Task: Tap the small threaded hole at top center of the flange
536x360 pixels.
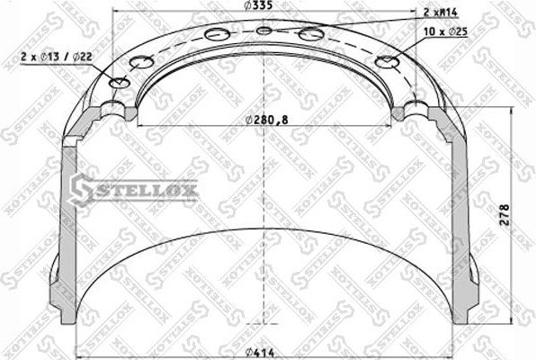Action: pyautogui.click(x=264, y=31)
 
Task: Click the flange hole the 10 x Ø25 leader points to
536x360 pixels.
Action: pyautogui.click(x=387, y=62)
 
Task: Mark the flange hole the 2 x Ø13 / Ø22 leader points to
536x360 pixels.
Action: pyautogui.click(x=118, y=83)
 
